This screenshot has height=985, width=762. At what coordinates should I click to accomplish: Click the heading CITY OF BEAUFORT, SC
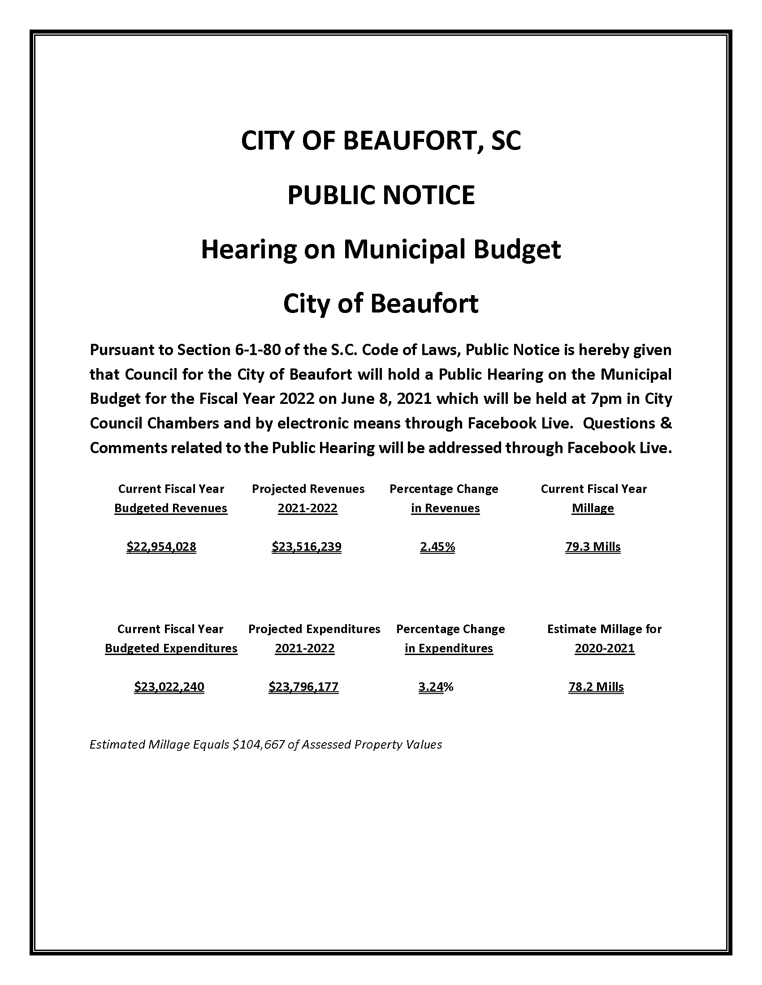pyautogui.click(x=381, y=141)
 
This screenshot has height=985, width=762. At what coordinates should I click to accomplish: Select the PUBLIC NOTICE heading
pyautogui.click(x=381, y=195)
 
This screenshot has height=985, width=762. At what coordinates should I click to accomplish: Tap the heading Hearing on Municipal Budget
pyautogui.click(x=381, y=249)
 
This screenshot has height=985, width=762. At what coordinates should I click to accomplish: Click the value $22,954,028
pyautogui.click(x=161, y=547)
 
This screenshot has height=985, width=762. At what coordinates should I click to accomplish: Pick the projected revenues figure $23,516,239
pyautogui.click(x=307, y=547)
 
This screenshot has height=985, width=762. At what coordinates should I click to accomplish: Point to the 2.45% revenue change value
pyautogui.click(x=437, y=547)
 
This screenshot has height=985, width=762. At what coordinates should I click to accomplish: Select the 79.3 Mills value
pyautogui.click(x=593, y=547)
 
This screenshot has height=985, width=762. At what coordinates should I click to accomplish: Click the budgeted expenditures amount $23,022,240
pyautogui.click(x=169, y=686)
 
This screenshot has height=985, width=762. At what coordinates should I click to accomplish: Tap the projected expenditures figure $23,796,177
pyautogui.click(x=303, y=686)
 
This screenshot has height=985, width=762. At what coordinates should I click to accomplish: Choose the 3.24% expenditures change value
pyautogui.click(x=436, y=686)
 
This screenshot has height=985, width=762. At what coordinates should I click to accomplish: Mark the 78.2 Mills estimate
pyautogui.click(x=596, y=686)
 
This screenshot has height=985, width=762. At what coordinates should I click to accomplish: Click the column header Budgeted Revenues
pyautogui.click(x=171, y=508)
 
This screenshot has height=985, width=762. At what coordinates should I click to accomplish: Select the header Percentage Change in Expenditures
pyautogui.click(x=450, y=638)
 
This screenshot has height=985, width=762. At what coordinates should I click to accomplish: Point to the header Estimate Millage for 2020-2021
pyautogui.click(x=604, y=638)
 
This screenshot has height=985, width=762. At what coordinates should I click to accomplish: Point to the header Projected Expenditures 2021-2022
pyautogui.click(x=314, y=638)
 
